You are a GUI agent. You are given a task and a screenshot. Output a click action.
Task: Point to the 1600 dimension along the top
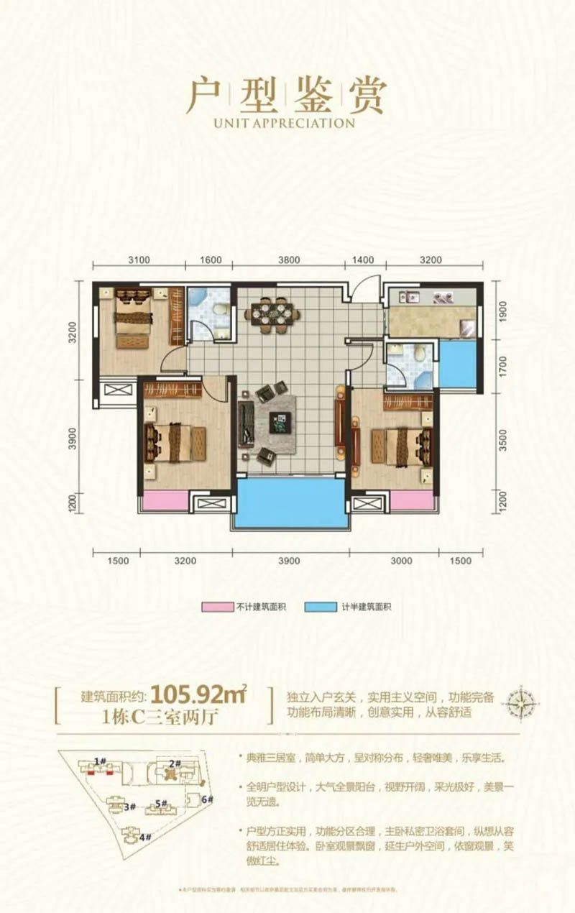pyautogui.click(x=211, y=260)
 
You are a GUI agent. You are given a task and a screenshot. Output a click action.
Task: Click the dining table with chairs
pyautogui.click(x=272, y=313)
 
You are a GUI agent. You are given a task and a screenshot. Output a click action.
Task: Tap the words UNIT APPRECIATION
pyautogui.click(x=285, y=123)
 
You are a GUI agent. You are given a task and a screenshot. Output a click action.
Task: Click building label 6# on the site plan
pyautogui.click(x=207, y=799)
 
